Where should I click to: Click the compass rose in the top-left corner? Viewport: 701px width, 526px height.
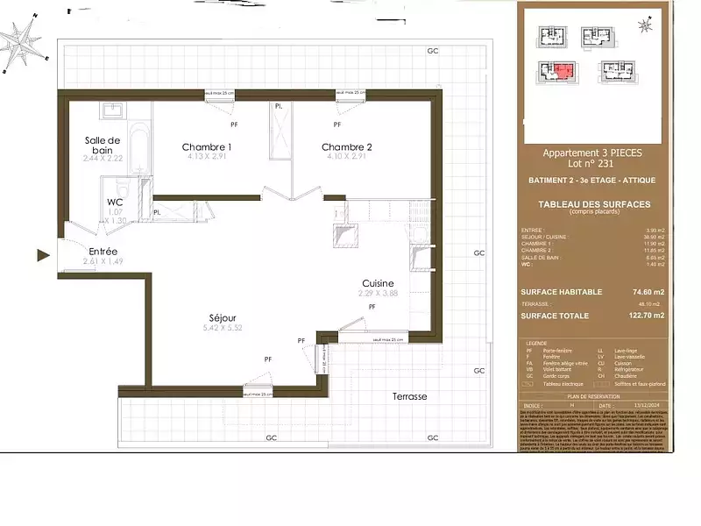pos(22,41)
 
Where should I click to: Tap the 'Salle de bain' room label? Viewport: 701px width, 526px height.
pos(103,146)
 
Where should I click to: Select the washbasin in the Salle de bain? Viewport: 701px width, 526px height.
pos(113,111)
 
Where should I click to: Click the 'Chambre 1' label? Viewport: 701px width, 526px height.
pos(207,146)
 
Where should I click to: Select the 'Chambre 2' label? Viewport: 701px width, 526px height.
pos(347,146)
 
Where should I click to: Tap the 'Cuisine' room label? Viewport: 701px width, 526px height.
pos(379,283)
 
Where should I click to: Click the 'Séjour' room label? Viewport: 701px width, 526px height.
pos(223,316)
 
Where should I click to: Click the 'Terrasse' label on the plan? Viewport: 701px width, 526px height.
pos(410,396)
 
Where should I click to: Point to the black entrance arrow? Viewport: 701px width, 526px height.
pos(41,256)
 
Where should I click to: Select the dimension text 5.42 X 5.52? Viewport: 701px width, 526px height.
pos(223,328)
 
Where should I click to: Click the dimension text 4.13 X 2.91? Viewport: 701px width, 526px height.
pos(206,157)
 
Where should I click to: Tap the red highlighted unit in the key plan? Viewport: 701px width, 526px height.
pos(562,70)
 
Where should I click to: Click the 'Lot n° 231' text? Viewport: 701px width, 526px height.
pos(592,164)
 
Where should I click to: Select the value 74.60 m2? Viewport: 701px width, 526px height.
pos(648,291)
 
